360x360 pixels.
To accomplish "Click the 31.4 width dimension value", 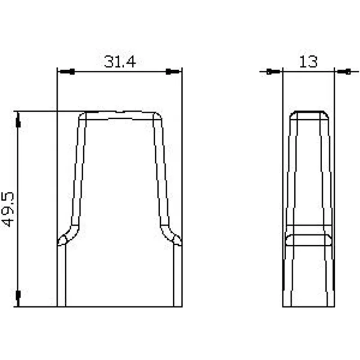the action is [120, 62].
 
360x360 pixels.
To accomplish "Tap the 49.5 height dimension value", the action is [8, 209].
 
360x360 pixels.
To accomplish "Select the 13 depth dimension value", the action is [308, 62].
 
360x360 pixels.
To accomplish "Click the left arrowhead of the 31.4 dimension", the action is [66, 72].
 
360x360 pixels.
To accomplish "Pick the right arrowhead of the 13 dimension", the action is [343, 72].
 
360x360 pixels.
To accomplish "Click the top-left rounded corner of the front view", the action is [82, 116].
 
